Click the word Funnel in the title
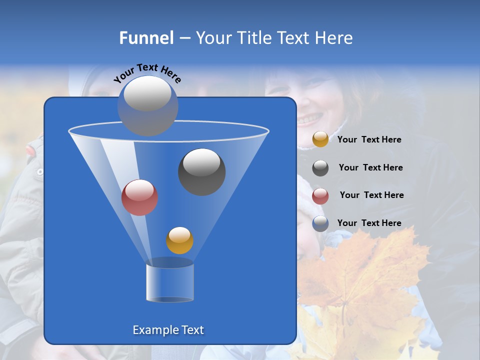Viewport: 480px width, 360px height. pyautogui.click(x=146, y=38)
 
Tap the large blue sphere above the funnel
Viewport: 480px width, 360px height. pyautogui.click(x=147, y=105)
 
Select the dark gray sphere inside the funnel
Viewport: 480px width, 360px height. pyautogui.click(x=201, y=171)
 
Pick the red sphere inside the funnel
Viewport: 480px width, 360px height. pyautogui.click(x=139, y=197)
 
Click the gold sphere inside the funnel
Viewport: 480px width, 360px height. pyautogui.click(x=179, y=240)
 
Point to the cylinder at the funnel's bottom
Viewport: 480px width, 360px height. pyautogui.click(x=169, y=283)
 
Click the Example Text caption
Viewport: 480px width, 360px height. pyautogui.click(x=168, y=330)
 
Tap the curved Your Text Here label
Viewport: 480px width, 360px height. pyautogui.click(x=147, y=72)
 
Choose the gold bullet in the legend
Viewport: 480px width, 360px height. pyautogui.click(x=320, y=139)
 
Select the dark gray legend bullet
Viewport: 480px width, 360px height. pyautogui.click(x=320, y=168)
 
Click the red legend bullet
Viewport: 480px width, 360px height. pyautogui.click(x=320, y=196)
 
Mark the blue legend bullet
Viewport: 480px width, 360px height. pyautogui.click(x=320, y=223)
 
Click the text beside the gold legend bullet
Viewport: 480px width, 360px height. pyautogui.click(x=369, y=140)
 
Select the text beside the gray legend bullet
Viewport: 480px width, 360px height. pyautogui.click(x=370, y=167)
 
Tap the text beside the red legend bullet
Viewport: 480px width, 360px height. pyautogui.click(x=371, y=195)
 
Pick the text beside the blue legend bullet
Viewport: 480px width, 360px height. pyautogui.click(x=369, y=223)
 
